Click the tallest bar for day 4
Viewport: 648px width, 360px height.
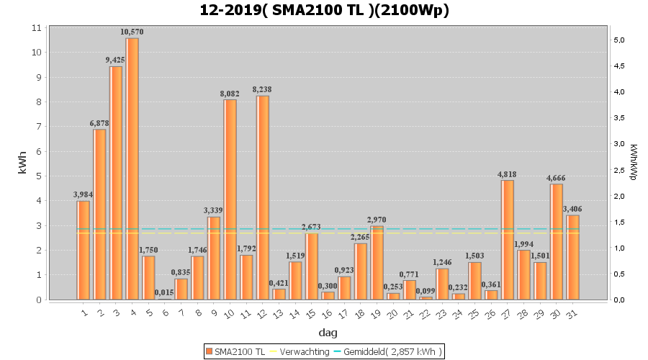tap(132, 169)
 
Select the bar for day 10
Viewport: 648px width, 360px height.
tap(230, 199)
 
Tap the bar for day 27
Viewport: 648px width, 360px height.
tap(508, 240)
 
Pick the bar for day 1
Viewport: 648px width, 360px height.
tap(84, 250)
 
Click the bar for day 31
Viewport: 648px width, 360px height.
tap(573, 257)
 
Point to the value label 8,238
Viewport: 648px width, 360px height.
tap(262, 89)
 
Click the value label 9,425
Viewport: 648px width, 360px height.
tap(116, 60)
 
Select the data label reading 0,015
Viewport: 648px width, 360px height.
tap(164, 292)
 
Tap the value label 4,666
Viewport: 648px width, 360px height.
tap(556, 178)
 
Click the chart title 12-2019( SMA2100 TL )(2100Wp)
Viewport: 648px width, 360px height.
tap(324, 11)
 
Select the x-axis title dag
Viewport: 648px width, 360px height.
tap(328, 333)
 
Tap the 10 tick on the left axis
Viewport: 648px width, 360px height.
tap(37, 53)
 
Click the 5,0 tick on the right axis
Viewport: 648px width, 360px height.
tap(618, 40)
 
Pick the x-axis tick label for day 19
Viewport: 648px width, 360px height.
tap(376, 314)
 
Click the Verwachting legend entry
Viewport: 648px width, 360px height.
tap(302, 351)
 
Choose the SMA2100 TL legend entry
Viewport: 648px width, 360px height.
tap(235, 351)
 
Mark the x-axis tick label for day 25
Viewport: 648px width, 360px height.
tap(474, 314)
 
